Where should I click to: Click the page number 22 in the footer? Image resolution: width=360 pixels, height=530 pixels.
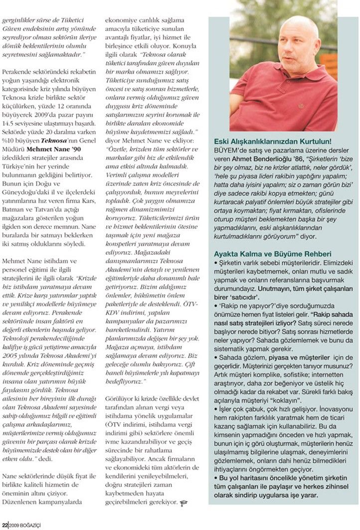pos(4,525)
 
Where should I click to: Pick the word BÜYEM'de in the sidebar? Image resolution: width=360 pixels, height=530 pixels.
pos(227,151)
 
